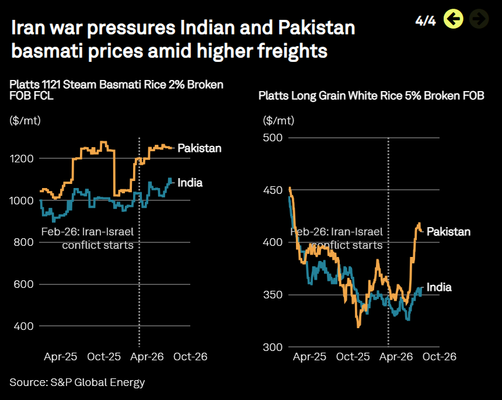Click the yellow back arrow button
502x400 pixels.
point(453,19)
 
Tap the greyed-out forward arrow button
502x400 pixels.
point(479,19)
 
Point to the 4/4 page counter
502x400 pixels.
point(426,21)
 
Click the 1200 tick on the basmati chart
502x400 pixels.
point(22,158)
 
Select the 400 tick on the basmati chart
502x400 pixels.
point(23,326)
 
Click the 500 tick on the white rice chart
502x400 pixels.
point(273,138)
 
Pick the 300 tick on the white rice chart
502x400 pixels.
point(273,347)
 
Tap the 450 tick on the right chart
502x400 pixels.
point(273,190)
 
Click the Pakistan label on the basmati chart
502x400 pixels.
point(200,148)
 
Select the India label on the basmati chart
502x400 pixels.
point(190,183)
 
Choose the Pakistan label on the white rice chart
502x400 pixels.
point(448,232)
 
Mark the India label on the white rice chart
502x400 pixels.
point(439,287)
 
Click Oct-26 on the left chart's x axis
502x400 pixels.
point(190,356)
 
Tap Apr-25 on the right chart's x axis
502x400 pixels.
point(309,356)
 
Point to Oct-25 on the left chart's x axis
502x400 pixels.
point(104,356)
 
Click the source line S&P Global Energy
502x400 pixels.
point(77,382)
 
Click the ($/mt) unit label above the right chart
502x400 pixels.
point(278,121)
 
